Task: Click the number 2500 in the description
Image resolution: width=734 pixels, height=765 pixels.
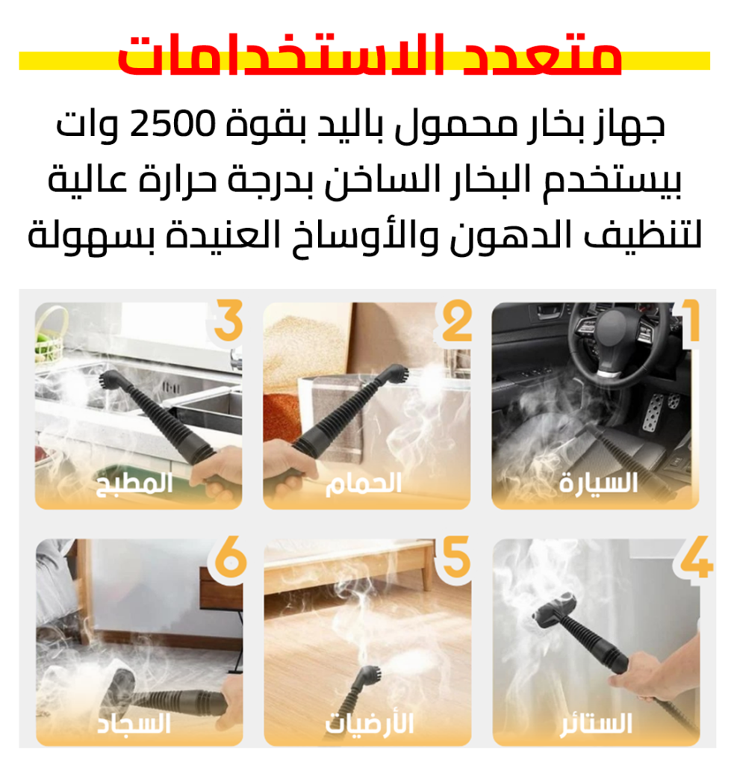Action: (172, 124)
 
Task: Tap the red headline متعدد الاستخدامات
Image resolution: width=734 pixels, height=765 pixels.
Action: (370, 55)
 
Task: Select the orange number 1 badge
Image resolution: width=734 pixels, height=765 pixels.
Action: (691, 321)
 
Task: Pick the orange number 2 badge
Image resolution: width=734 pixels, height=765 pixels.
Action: (456, 320)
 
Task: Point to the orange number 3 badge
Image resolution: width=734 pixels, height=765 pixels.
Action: (228, 320)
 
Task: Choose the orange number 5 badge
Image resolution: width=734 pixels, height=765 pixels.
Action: (456, 557)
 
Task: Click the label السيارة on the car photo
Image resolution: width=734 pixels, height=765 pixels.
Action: (598, 483)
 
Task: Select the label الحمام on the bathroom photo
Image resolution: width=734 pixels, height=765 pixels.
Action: (364, 483)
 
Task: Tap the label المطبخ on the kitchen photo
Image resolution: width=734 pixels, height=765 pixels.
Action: (134, 484)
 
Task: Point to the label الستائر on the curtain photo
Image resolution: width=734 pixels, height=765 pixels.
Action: (596, 723)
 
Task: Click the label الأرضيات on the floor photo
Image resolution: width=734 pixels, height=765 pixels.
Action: (369, 723)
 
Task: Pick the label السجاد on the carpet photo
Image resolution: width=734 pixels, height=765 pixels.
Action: (134, 723)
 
